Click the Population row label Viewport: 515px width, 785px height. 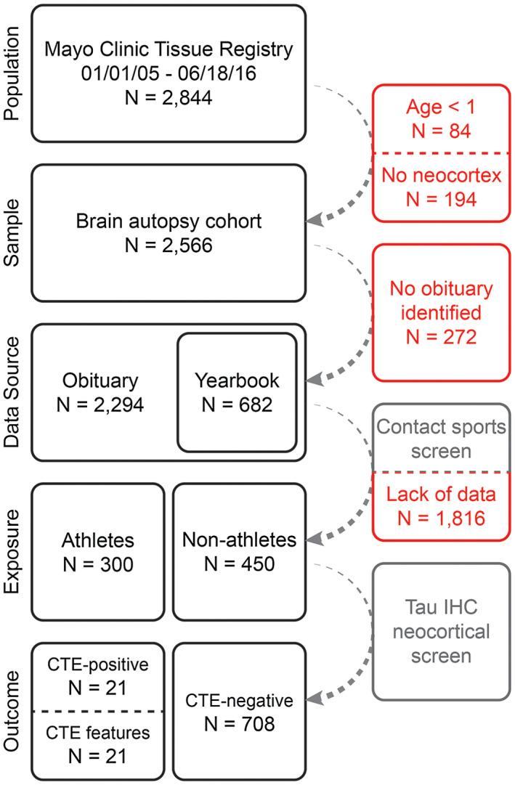[x=13, y=73]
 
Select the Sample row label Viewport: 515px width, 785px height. [x=13, y=232]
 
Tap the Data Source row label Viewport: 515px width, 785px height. [x=13, y=392]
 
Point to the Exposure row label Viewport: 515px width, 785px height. [x=13, y=552]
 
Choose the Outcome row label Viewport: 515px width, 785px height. [x=13, y=712]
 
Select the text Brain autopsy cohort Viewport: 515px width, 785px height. [x=169, y=221]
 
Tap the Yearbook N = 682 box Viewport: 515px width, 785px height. [x=237, y=392]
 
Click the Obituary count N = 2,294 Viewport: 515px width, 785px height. [x=100, y=404]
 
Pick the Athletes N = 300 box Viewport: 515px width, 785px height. [x=97, y=552]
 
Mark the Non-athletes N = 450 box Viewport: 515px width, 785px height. [x=239, y=552]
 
